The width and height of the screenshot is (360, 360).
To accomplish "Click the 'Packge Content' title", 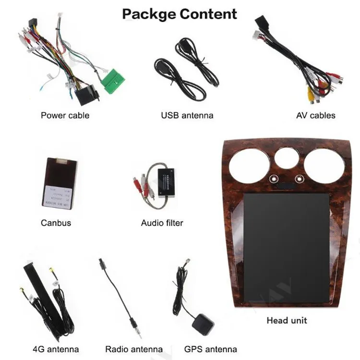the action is click(x=180, y=13).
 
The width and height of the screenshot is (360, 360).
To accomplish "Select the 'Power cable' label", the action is click(x=65, y=115).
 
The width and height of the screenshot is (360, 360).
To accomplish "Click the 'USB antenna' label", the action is click(x=187, y=115).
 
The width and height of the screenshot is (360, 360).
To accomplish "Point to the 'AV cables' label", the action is click(x=315, y=115).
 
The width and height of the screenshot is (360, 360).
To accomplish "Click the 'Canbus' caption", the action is click(x=56, y=223).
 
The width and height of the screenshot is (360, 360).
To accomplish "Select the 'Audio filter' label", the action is click(x=162, y=223).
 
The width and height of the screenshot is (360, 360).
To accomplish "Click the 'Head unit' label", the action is click(x=287, y=320).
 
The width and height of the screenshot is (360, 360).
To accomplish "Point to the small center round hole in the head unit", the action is click(x=287, y=158).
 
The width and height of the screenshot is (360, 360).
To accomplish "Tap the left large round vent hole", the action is click(x=249, y=166).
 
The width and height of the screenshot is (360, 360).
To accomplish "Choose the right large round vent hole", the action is click(x=324, y=166).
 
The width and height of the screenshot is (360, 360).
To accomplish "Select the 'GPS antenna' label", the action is click(x=210, y=349).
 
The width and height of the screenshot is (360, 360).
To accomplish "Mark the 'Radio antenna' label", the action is click(x=134, y=349).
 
